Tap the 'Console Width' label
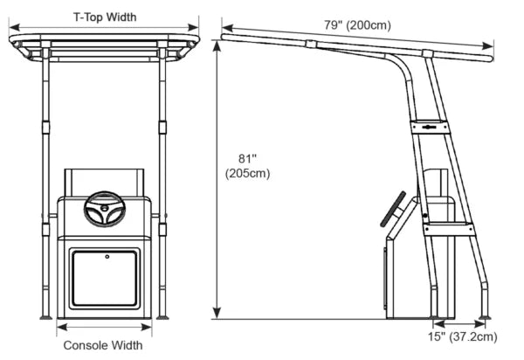103,345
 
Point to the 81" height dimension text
248,165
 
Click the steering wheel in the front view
104,211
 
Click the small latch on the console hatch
106,257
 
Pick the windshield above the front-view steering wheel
104,182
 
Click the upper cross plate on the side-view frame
430,128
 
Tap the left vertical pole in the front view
44,175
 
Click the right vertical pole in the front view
163,175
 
